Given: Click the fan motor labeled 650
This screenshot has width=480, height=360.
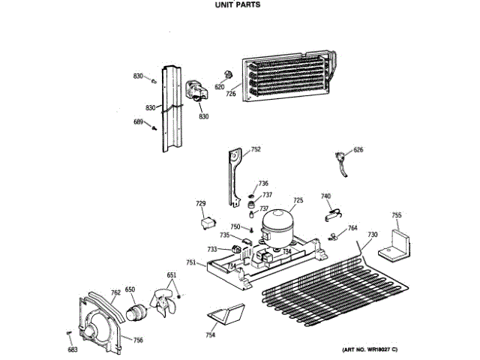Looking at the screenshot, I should [x=137, y=310].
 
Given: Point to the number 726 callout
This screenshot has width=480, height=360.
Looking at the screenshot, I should [x=231, y=94].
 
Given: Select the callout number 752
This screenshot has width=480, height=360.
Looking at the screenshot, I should [x=256, y=150].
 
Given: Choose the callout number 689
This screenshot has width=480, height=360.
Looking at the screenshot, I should [x=138, y=122].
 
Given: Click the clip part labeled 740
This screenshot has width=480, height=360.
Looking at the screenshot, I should [x=331, y=213].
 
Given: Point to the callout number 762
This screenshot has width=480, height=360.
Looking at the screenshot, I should [x=115, y=293].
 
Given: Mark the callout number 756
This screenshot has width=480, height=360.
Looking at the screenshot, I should [x=138, y=340].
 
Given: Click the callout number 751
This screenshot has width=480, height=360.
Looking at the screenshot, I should [x=191, y=262].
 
